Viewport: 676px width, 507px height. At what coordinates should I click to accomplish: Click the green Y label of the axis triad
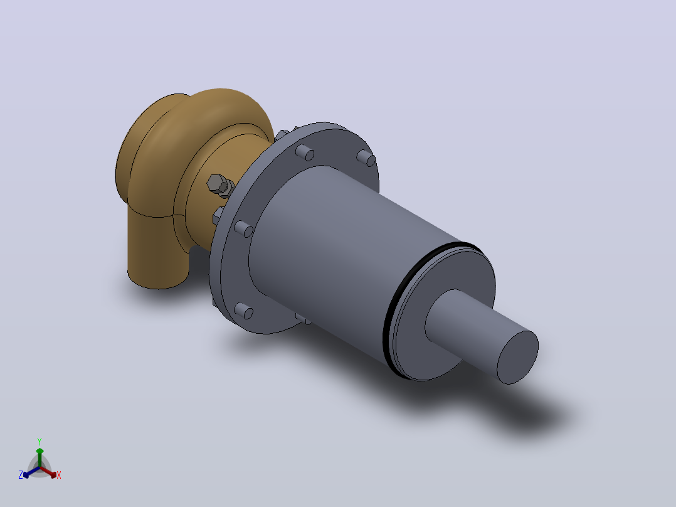click(40, 441)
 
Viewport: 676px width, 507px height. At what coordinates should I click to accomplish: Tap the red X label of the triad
click(59, 475)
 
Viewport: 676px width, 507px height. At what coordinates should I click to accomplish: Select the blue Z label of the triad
click(21, 475)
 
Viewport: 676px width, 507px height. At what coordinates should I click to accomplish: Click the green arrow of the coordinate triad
click(40, 457)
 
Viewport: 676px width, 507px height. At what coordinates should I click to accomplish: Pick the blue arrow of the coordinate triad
click(31, 472)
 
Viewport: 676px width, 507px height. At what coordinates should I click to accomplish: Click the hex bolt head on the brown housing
click(217, 184)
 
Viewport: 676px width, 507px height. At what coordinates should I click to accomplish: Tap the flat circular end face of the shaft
click(518, 357)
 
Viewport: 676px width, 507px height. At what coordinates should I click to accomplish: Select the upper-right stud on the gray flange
click(366, 158)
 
